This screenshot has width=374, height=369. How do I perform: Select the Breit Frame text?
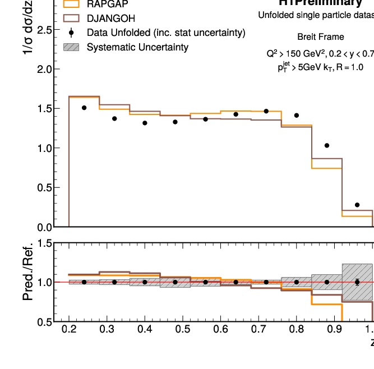click(321, 37)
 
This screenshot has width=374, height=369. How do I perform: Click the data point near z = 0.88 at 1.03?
click(327, 146)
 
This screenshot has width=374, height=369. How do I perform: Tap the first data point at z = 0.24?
click(84, 108)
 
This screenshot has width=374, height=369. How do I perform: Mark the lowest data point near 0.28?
click(357, 205)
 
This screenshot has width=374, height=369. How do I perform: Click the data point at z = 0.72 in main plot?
click(266, 112)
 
